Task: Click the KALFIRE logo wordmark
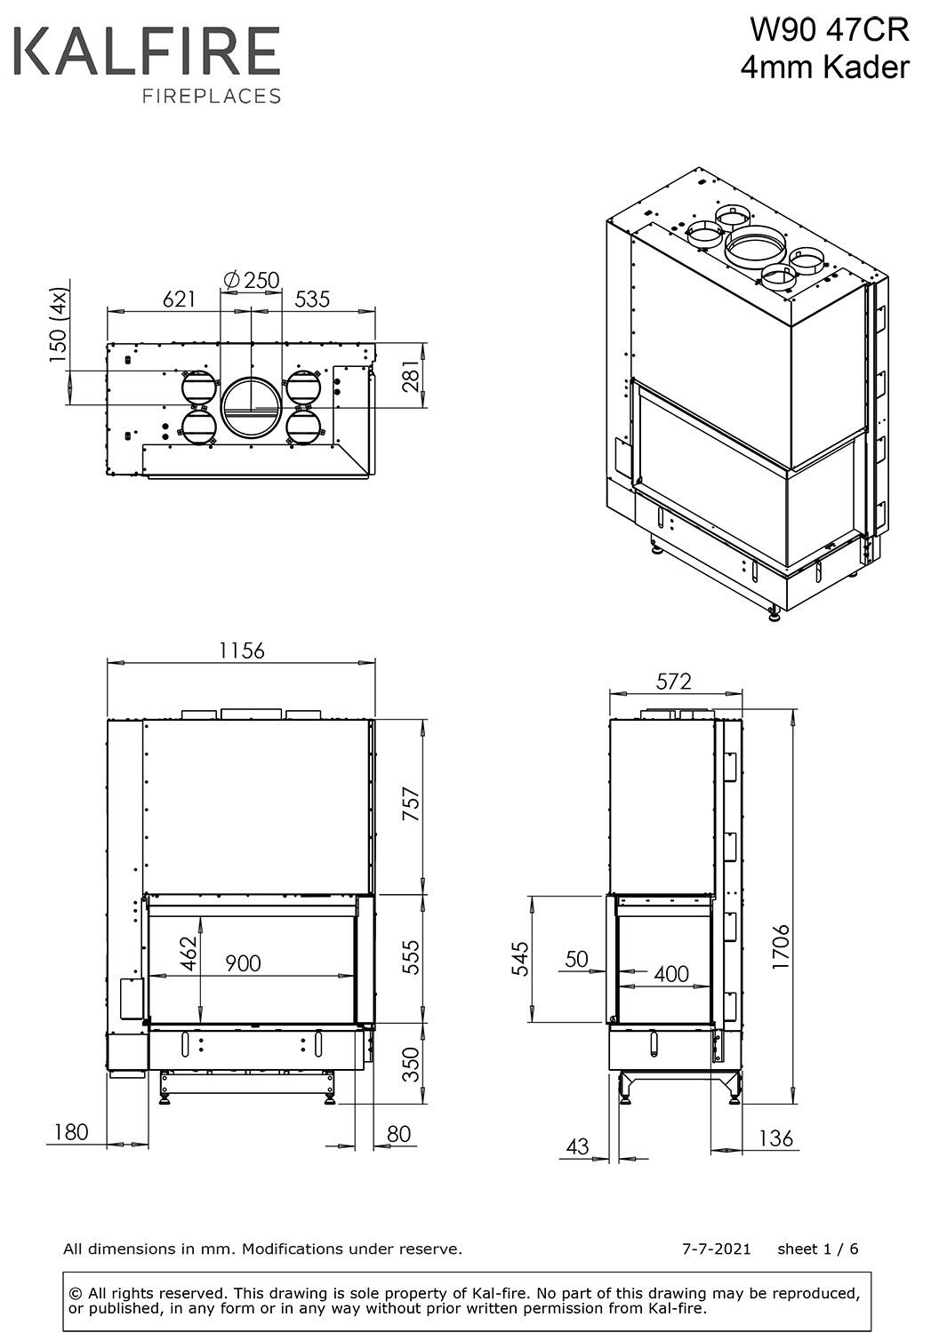[147, 52]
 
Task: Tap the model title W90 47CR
[830, 30]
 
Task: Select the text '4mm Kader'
[825, 68]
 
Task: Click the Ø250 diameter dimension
[252, 280]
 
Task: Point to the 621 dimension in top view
[180, 299]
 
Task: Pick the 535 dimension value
[312, 299]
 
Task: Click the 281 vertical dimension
[411, 377]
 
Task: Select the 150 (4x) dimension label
[59, 325]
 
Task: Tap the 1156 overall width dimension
[242, 651]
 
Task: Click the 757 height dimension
[412, 804]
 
